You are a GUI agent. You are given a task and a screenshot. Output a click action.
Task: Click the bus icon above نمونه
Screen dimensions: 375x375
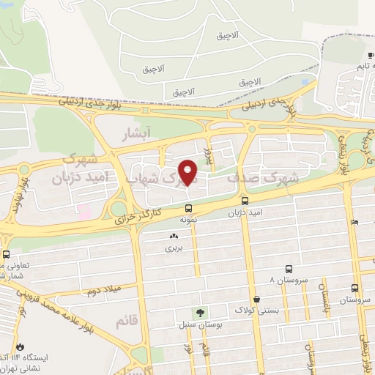188,206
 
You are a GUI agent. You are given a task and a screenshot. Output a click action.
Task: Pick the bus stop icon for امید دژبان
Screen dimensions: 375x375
245,200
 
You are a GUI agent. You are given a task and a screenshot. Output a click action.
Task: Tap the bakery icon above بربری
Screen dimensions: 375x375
174,237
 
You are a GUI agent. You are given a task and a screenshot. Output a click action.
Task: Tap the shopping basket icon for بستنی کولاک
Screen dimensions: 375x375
258,299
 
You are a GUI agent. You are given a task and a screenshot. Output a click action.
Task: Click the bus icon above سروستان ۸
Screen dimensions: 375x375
289,269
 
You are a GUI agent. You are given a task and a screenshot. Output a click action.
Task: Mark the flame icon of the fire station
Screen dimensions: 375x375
20,345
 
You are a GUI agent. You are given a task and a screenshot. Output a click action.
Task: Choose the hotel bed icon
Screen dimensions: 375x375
355,222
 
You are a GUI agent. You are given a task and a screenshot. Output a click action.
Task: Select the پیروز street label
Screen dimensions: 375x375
207,156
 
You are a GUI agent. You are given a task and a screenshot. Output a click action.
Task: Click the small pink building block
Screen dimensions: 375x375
85,213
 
